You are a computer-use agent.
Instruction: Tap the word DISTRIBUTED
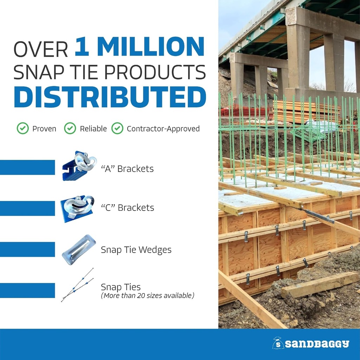(x=110, y=97)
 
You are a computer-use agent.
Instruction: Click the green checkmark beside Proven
(x=23, y=128)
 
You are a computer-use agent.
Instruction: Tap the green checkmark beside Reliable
(x=70, y=128)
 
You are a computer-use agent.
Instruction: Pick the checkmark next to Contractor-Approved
(x=117, y=128)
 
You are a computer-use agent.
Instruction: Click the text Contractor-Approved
(x=163, y=129)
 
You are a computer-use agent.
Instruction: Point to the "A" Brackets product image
(x=79, y=166)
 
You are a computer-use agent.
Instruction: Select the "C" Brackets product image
(x=77, y=209)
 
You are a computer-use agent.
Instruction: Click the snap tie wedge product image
(x=79, y=250)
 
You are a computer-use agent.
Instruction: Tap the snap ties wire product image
(x=78, y=285)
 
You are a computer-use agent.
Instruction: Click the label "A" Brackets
(x=127, y=169)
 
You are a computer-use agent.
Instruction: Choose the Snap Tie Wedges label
(x=136, y=250)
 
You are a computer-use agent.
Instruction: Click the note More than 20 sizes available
(x=148, y=295)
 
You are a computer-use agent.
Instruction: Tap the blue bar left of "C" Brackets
(x=27, y=209)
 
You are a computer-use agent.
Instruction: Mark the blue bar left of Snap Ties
(x=27, y=290)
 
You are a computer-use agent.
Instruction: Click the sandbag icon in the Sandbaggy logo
(x=278, y=343)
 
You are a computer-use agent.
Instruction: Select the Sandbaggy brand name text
(x=317, y=344)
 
